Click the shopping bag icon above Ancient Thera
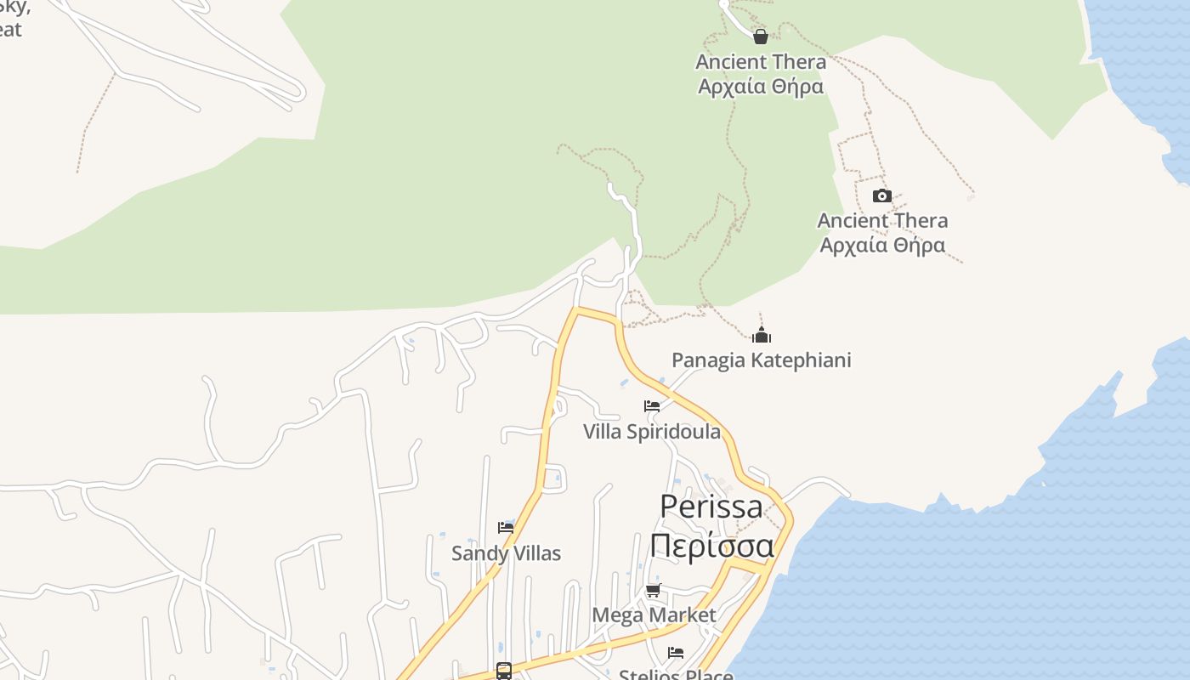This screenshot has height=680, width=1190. [761, 37]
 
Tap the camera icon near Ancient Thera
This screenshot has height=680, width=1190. [882, 196]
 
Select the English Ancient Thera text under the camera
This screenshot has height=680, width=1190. [882, 221]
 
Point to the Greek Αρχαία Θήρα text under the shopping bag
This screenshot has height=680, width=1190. [761, 87]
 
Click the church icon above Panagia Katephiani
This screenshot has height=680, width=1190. [762, 335]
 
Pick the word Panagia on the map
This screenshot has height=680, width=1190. [708, 360]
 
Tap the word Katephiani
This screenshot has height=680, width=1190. [800, 360]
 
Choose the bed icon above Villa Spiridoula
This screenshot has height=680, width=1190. [652, 406]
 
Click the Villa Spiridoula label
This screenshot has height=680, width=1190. [652, 432]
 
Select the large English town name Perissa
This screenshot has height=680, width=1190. [711, 507]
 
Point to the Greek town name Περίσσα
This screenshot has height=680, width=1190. [711, 545]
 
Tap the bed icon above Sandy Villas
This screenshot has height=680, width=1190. [506, 528]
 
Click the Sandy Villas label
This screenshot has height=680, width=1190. [506, 553]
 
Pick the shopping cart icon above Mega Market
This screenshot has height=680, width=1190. [653, 590]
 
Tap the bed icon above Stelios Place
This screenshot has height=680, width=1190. [676, 653]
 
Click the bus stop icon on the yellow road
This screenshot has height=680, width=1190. [504, 671]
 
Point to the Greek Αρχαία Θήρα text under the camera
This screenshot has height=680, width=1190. [882, 246]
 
